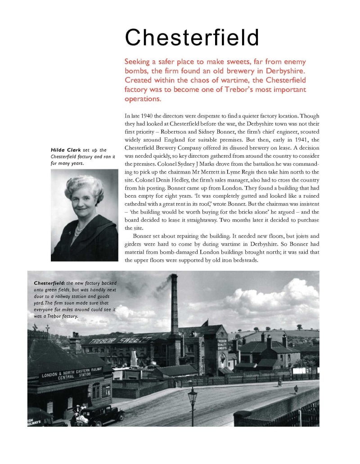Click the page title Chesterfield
pos(192,38)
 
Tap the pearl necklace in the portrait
pos(78,231)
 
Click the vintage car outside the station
pos(103,414)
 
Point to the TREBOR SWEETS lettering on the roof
pos(117,339)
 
